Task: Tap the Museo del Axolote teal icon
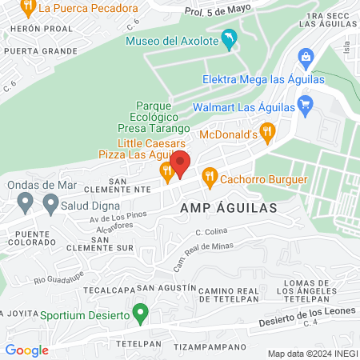click(x=230, y=39)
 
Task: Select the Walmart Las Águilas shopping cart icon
click(x=304, y=104)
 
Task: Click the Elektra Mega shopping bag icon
click(x=304, y=57)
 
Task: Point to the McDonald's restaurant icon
click(x=268, y=132)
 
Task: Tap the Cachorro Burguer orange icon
click(x=210, y=175)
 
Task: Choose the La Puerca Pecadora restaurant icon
click(x=28, y=8)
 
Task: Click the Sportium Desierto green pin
click(x=141, y=310)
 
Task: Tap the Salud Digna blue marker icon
click(x=51, y=205)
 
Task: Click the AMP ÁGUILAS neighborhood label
click(x=229, y=207)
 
